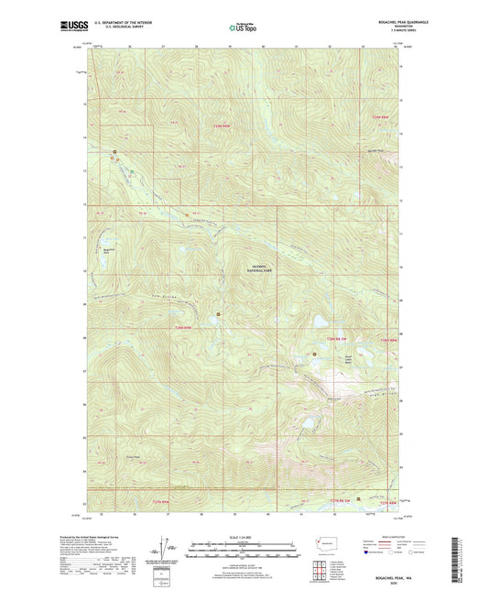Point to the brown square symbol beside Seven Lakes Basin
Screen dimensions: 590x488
coord(315,352)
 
